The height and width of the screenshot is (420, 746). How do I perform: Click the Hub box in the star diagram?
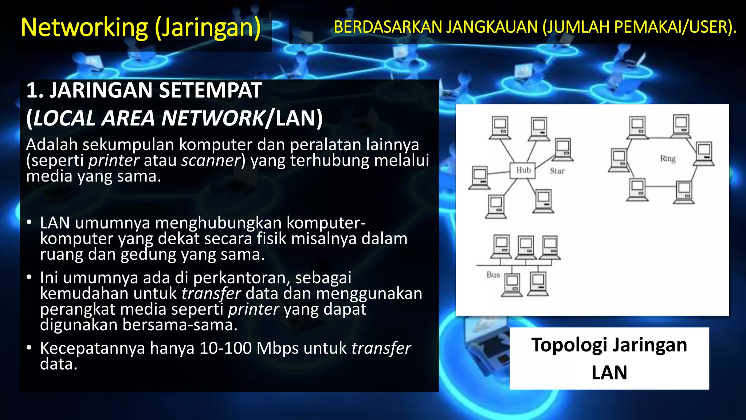point(523,171)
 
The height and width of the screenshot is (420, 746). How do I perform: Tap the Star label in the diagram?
point(557,171)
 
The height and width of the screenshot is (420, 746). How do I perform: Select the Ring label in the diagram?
point(668,159)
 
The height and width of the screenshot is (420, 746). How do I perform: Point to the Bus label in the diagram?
point(493,275)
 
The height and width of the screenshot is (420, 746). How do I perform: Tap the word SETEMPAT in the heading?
point(210,90)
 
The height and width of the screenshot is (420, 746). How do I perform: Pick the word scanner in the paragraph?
point(211,160)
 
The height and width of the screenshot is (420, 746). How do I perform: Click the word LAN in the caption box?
point(609,373)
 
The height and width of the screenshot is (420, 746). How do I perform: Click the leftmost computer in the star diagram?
point(479,178)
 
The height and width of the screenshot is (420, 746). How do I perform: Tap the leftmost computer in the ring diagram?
point(619,160)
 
